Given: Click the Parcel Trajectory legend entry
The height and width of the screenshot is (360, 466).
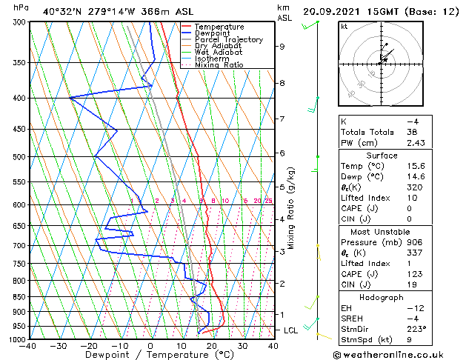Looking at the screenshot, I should point(228,39).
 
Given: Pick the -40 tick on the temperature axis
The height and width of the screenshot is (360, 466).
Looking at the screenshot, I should point(28,346).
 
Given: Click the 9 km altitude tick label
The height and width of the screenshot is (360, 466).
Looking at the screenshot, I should point(282,47).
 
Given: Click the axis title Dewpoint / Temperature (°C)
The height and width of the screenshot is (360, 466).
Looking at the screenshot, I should point(150,355).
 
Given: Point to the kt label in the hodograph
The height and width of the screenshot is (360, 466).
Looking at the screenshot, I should point(344,26).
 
